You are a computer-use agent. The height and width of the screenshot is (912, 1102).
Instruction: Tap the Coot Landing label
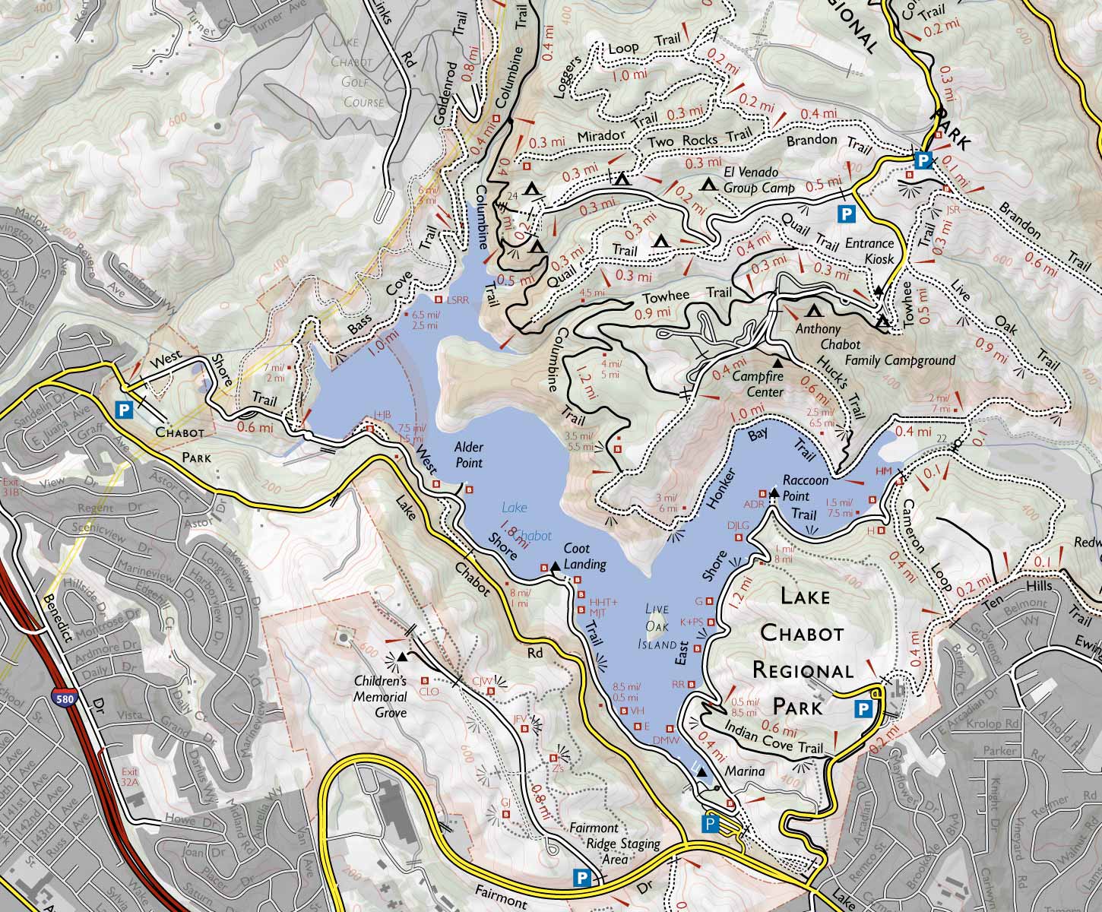coord(587,556)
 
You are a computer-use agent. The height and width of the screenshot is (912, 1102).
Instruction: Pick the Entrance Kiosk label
coord(869,251)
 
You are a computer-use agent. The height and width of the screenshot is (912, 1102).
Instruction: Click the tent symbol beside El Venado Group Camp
coord(708,185)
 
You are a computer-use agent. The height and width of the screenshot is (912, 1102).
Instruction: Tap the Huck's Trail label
coord(844,388)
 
